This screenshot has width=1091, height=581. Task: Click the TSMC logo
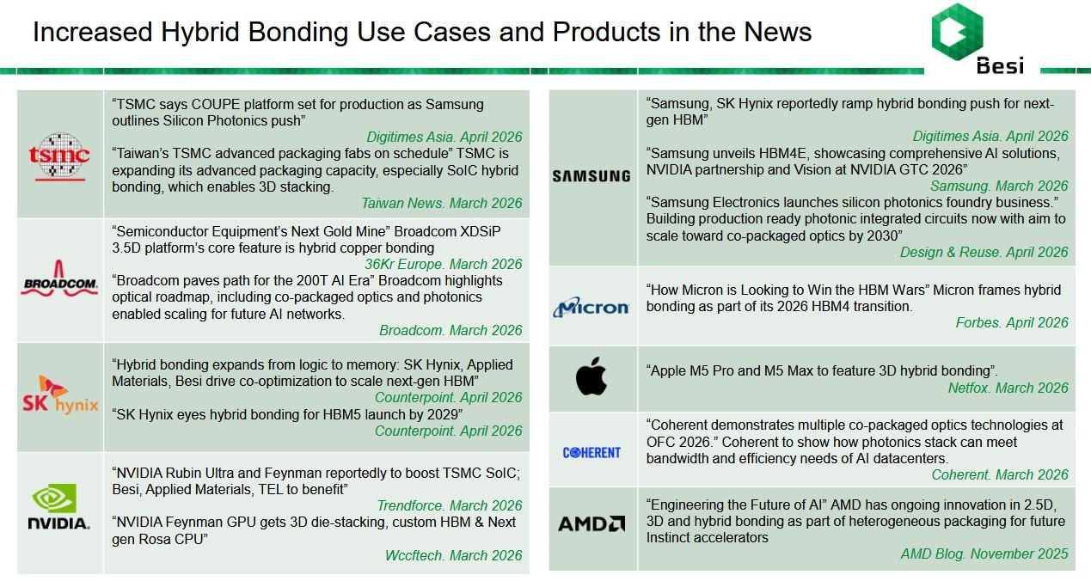tap(59, 156)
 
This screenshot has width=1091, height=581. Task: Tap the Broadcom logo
tap(59, 278)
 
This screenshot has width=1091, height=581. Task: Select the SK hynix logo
tap(60, 395)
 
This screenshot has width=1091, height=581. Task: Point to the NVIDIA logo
tap(59, 506)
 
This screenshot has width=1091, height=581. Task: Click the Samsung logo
tap(591, 176)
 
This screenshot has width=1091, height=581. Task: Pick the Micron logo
tap(591, 307)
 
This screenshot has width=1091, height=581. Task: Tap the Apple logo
tap(591, 376)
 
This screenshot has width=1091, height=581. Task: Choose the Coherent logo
tap(591, 453)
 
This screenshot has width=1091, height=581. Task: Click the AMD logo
tap(591, 523)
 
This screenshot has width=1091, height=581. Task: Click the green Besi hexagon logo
tap(957, 32)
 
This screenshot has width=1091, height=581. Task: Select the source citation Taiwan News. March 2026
tap(441, 203)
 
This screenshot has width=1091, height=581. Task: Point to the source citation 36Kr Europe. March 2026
tap(444, 264)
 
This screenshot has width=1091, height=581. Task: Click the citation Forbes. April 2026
tap(1012, 322)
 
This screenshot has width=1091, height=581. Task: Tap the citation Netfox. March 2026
tap(1008, 388)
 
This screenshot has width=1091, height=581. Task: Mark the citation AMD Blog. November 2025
tap(984, 553)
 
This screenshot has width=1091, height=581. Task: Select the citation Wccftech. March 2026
tap(453, 555)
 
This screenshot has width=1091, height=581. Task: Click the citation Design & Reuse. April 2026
tap(984, 252)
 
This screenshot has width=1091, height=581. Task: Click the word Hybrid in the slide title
tap(199, 33)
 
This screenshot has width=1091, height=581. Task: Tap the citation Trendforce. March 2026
tap(449, 505)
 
